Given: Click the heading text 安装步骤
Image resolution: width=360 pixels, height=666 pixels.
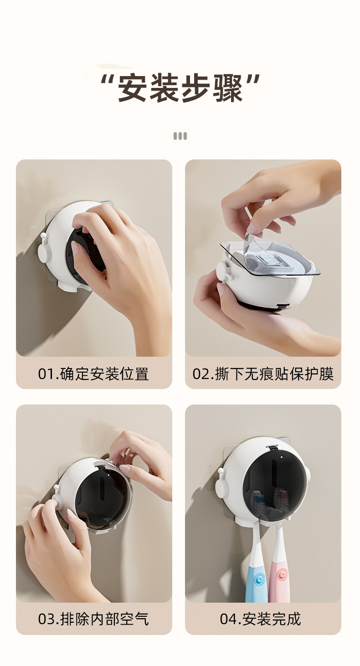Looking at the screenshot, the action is (x=180, y=88).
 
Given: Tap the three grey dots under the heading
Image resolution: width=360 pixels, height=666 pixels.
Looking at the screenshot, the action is (x=180, y=136).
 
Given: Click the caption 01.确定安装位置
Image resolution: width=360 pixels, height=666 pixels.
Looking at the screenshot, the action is (x=93, y=374).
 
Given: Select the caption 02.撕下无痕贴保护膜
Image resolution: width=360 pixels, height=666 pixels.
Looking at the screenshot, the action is (x=263, y=374).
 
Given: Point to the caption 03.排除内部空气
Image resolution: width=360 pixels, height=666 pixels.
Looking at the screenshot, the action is (x=93, y=619).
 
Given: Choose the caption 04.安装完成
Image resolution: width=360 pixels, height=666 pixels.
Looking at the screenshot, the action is (x=260, y=619).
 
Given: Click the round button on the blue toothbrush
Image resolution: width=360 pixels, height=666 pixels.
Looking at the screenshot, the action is (x=258, y=579).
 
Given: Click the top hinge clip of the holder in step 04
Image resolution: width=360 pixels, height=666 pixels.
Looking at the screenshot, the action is (x=272, y=448).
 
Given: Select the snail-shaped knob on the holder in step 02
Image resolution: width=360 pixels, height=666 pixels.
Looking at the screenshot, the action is (x=224, y=272).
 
